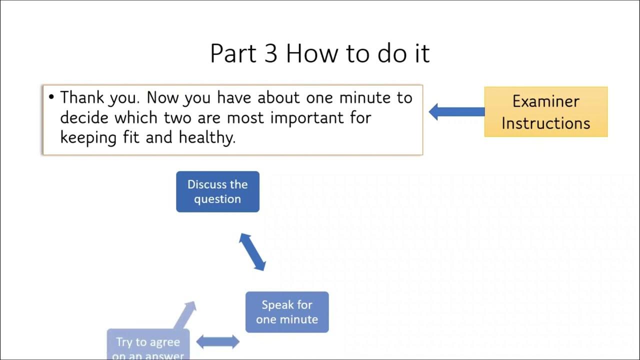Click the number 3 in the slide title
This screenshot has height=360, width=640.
point(270,53)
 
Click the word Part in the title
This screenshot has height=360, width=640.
point(232,53)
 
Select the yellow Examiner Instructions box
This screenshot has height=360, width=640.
point(545,112)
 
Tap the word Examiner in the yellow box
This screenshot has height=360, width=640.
point(545,101)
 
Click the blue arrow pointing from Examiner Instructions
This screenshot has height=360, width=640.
point(456,111)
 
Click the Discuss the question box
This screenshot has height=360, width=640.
point(217,191)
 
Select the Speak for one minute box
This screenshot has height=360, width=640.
point(287,312)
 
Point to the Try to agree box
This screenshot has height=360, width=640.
point(148,345)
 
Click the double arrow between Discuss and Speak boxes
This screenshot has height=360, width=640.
point(252,252)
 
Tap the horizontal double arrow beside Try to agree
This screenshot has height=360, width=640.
point(217,342)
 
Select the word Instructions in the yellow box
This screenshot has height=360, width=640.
point(545,123)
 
